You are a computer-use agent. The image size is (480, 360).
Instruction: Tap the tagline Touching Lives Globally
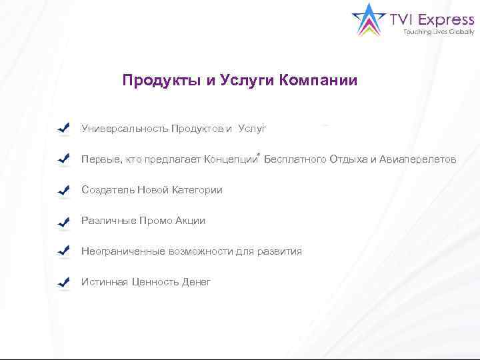(439, 32)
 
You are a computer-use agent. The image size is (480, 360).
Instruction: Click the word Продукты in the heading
(162, 81)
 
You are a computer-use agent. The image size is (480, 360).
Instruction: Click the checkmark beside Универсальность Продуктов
(64, 129)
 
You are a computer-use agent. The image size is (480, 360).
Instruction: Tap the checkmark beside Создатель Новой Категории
(64, 190)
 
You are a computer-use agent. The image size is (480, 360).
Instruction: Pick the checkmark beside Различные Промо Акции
(64, 221)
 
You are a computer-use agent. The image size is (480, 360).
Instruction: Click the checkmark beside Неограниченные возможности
(64, 251)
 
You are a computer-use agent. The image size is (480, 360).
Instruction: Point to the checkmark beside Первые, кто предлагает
(64, 159)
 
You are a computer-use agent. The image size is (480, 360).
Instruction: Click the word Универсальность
(125, 129)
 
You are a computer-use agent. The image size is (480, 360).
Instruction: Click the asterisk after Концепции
(258, 154)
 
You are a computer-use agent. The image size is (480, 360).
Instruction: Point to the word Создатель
(107, 190)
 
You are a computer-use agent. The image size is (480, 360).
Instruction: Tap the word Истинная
(103, 282)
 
